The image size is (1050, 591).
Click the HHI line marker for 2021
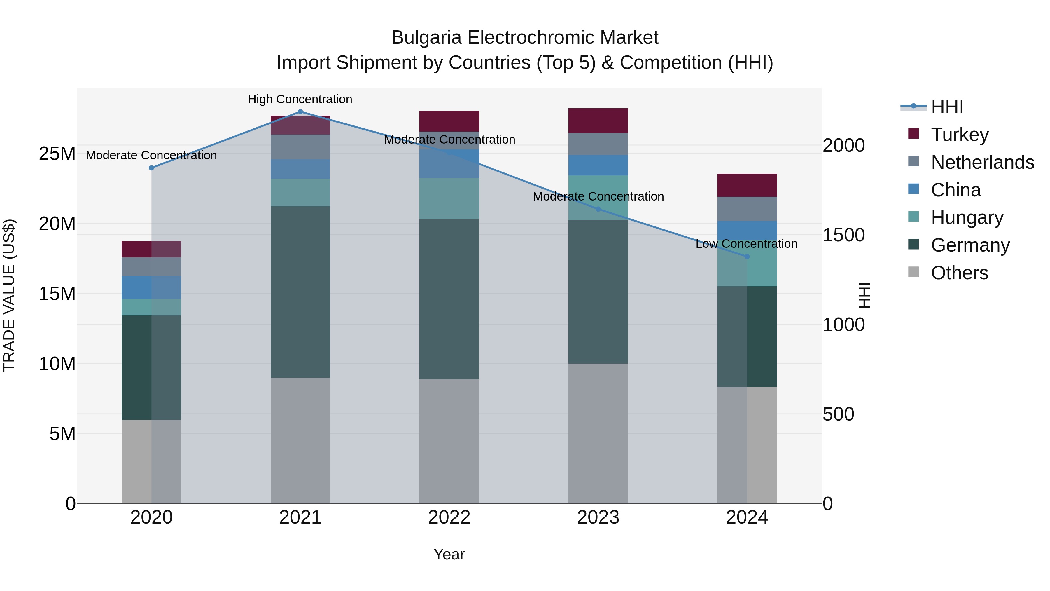tap(300, 112)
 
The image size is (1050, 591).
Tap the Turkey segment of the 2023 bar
tap(598, 121)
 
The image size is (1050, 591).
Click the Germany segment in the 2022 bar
tap(449, 299)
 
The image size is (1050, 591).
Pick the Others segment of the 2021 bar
tap(300, 440)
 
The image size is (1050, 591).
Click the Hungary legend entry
tap(967, 217)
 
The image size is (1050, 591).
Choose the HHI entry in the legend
tap(947, 107)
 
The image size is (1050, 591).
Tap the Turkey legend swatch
tap(914, 134)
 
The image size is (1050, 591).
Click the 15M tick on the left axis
tap(57, 294)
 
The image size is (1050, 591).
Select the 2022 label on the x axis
tap(449, 517)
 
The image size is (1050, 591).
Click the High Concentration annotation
tap(300, 99)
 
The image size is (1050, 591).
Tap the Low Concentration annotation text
tap(746, 244)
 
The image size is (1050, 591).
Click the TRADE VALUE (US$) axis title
tap(9, 295)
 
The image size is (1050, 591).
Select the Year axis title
tap(449, 554)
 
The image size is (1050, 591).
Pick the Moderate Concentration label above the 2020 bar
tap(151, 155)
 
